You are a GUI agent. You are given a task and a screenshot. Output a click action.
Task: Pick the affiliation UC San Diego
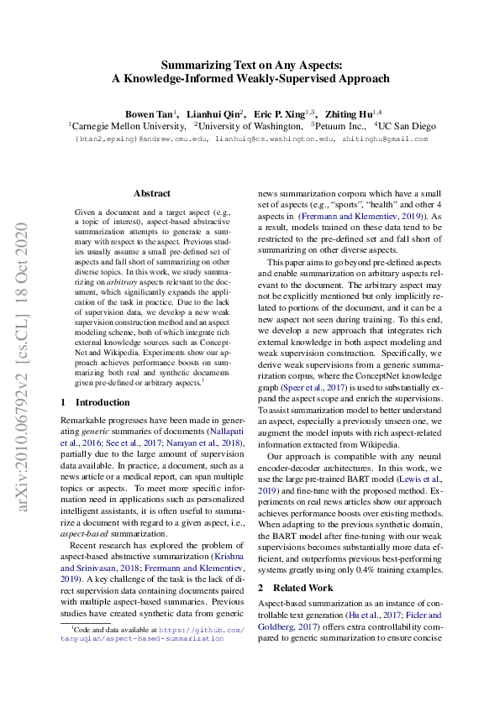point(406,126)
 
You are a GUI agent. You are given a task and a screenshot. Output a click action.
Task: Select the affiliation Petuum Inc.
point(339,126)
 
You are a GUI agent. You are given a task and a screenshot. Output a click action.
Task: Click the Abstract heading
point(151,193)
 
